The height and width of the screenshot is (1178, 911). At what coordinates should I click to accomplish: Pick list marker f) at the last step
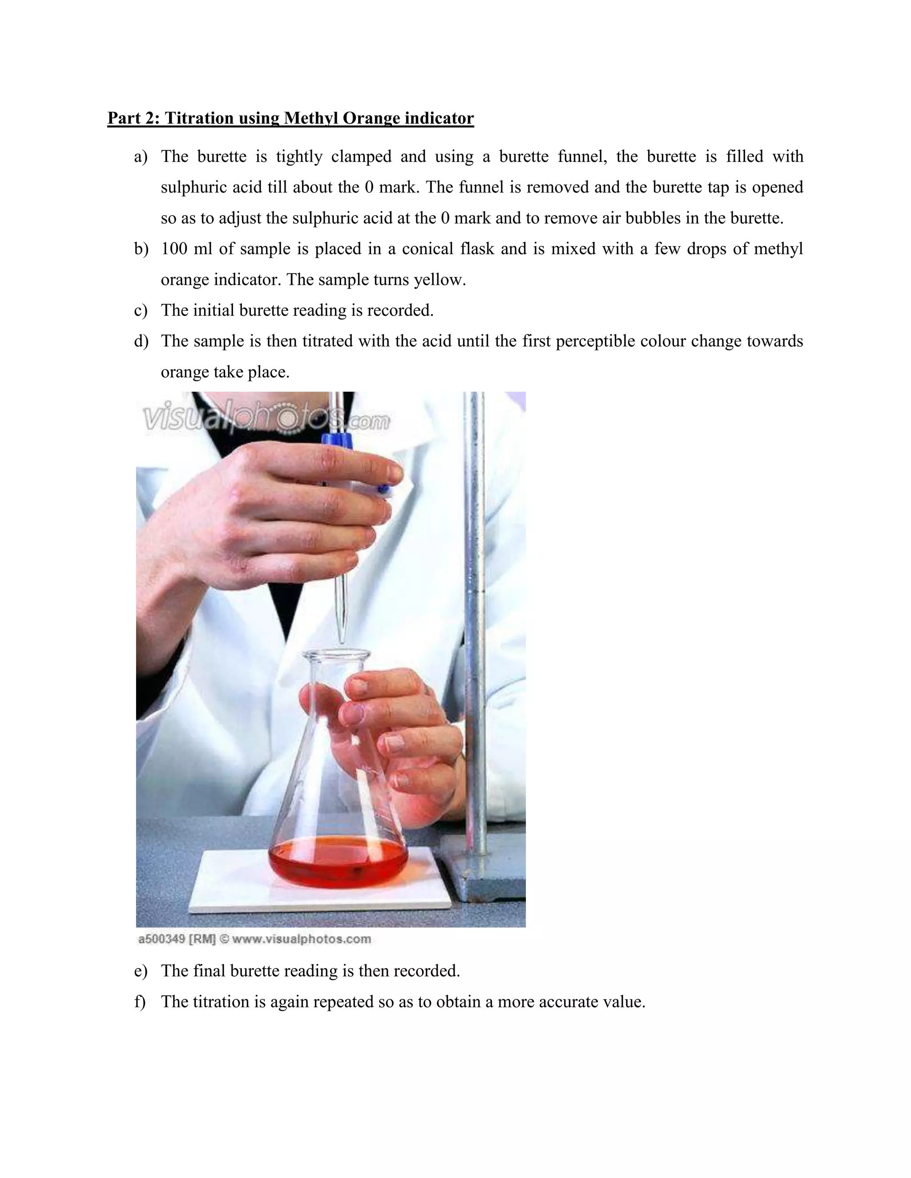pos(140,1002)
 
